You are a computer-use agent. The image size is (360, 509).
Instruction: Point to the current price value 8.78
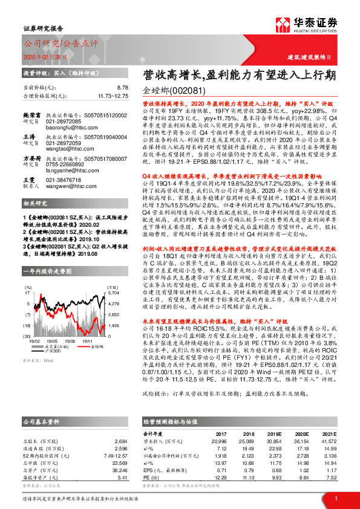coord(123,88)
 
